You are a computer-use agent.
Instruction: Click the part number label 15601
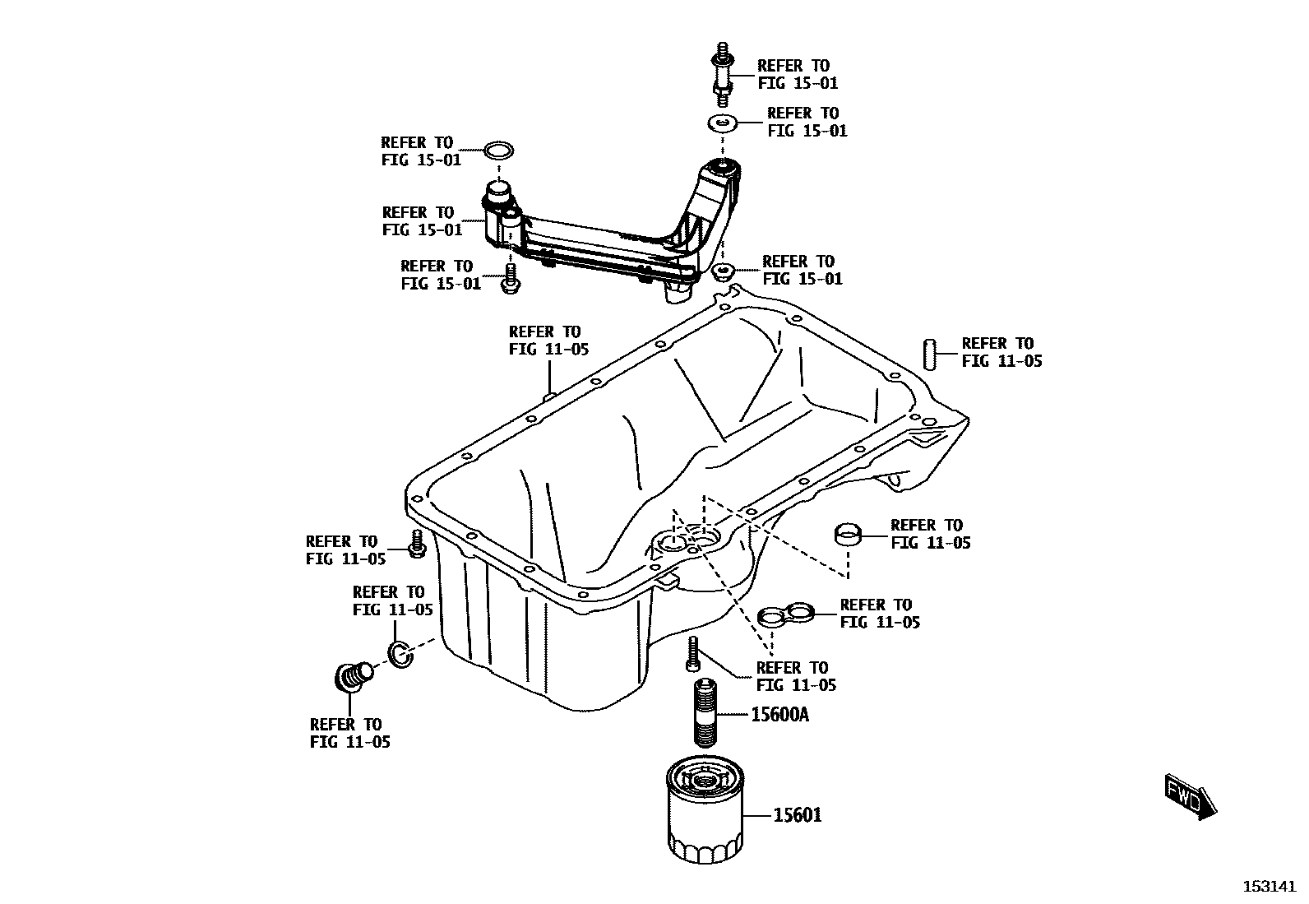(x=797, y=815)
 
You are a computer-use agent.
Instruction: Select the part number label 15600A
(x=779, y=715)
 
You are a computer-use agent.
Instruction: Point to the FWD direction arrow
(x=1190, y=796)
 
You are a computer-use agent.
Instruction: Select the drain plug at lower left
(x=354, y=678)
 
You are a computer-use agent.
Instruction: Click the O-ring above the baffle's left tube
(x=497, y=151)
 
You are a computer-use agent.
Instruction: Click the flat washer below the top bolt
(x=722, y=123)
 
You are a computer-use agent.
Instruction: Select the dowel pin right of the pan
(x=930, y=354)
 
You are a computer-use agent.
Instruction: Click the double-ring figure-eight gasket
(x=785, y=614)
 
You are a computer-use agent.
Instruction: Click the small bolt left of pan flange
(x=417, y=545)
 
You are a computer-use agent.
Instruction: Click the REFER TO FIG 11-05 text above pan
(x=548, y=341)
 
